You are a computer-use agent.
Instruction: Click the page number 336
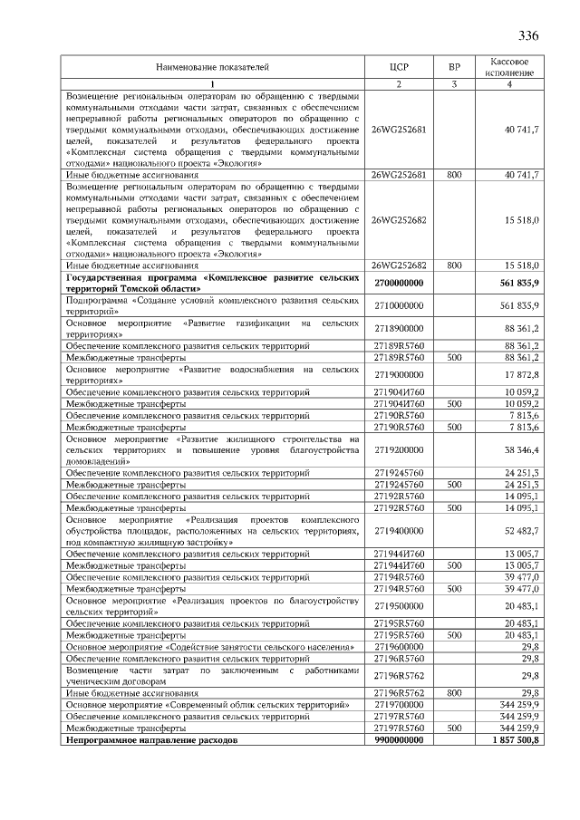click(x=528, y=36)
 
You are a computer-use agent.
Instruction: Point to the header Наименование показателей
click(x=212, y=66)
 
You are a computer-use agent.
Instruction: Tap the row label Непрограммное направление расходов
click(x=150, y=740)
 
